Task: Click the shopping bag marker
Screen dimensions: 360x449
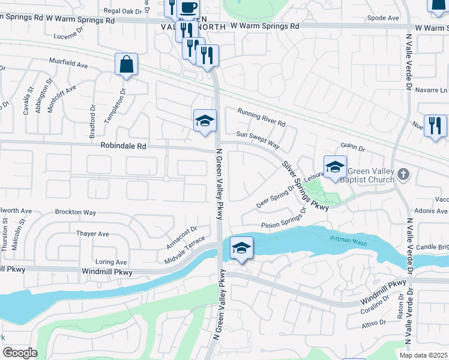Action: coord(126,65)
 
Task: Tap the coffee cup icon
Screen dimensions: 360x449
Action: coord(188,8)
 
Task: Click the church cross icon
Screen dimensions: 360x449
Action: coord(403,175)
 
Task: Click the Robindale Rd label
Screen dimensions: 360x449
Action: coord(124,146)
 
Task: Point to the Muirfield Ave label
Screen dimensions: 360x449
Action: coord(68,64)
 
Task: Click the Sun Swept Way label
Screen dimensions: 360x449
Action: coord(258,140)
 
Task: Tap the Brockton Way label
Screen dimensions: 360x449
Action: coord(75,212)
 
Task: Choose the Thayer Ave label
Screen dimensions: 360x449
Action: coord(92,233)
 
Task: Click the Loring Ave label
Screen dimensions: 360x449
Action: coord(111,262)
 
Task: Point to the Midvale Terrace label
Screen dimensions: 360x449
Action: coord(184,251)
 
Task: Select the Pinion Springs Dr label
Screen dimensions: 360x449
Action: coord(283,223)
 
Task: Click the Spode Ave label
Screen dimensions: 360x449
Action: coord(382,18)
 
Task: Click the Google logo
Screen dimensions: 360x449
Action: coord(20,353)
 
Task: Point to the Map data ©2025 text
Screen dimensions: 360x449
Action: coord(424,355)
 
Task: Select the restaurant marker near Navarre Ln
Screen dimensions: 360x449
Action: coord(435,125)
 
